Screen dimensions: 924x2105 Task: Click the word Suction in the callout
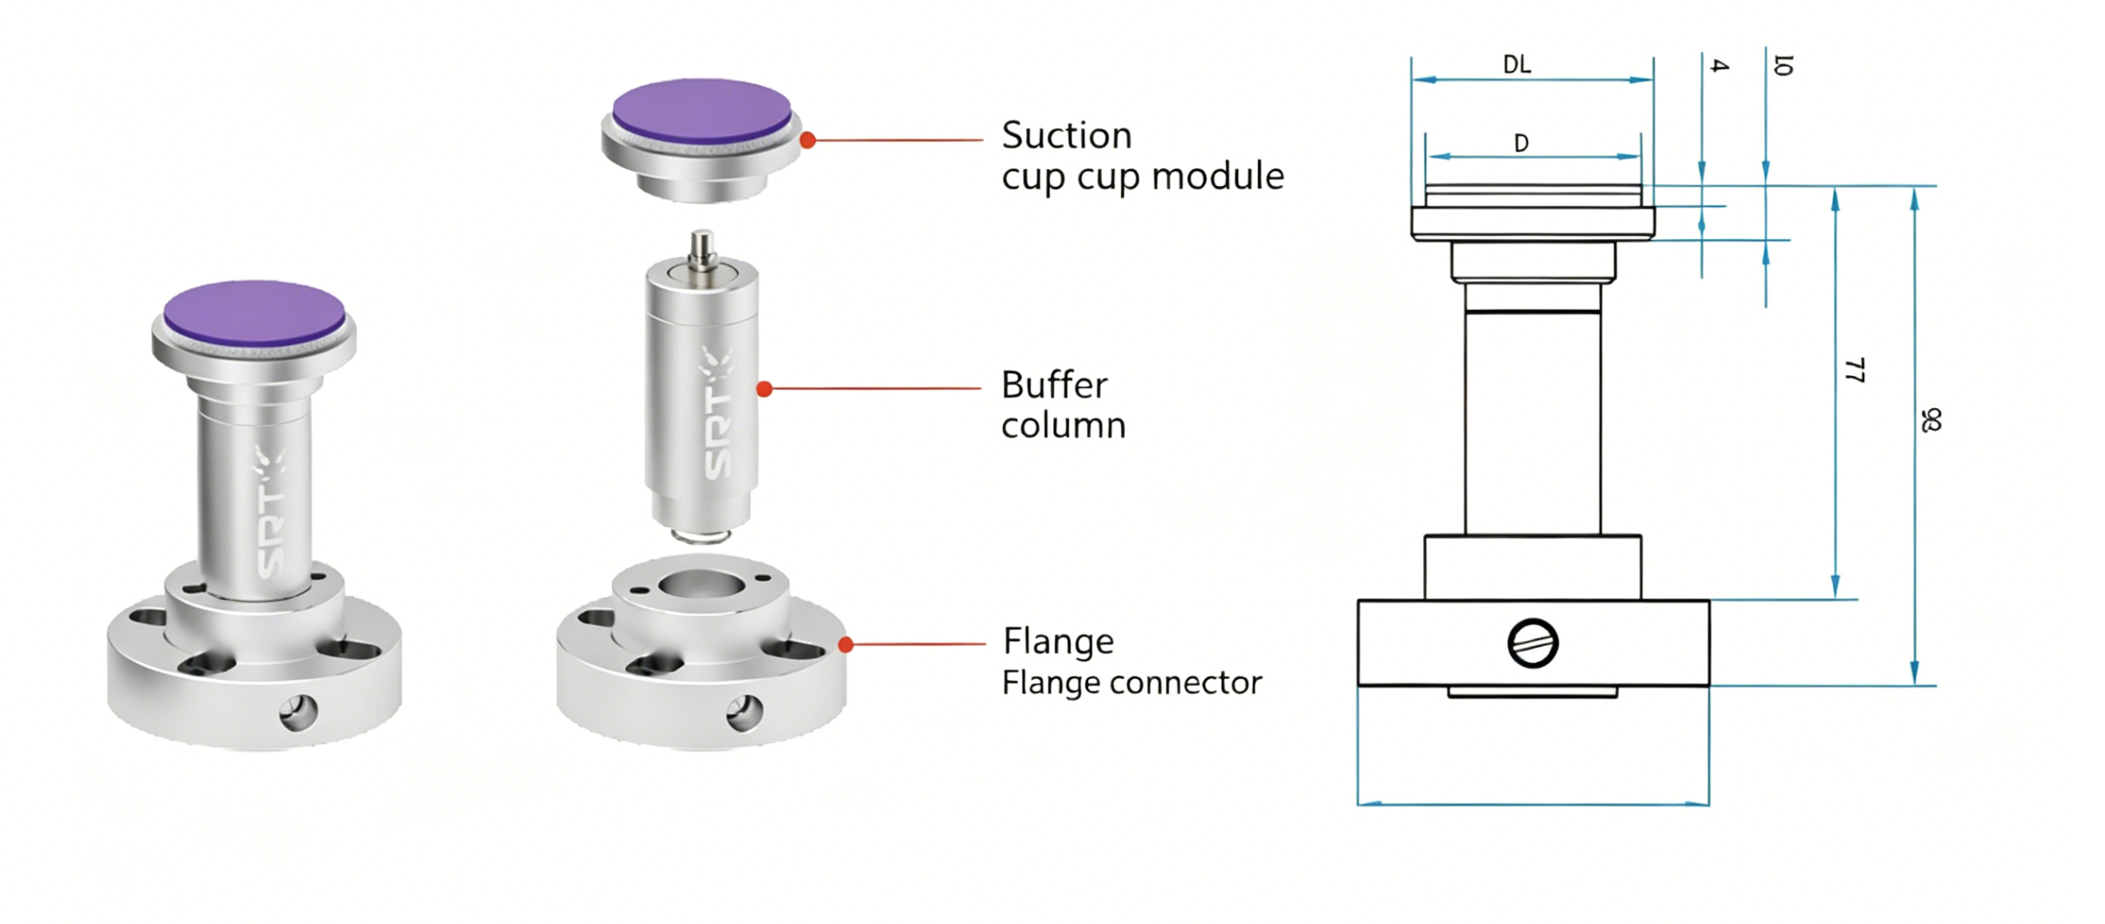point(1066,135)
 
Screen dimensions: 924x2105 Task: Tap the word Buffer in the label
point(1053,385)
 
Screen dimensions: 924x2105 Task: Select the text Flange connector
point(1131,682)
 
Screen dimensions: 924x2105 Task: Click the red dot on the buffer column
point(764,389)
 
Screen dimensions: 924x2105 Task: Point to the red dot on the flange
point(846,645)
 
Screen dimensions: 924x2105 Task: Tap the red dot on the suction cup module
point(807,141)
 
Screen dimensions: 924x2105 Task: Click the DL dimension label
point(1516,65)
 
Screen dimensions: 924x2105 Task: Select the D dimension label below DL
point(1521,143)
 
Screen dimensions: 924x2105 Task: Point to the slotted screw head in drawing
point(1532,644)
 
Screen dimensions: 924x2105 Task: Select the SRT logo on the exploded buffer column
point(717,415)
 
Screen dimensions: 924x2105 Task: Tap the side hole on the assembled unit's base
point(298,712)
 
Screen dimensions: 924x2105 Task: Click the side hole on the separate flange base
point(744,712)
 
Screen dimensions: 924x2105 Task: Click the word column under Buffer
point(1063,426)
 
